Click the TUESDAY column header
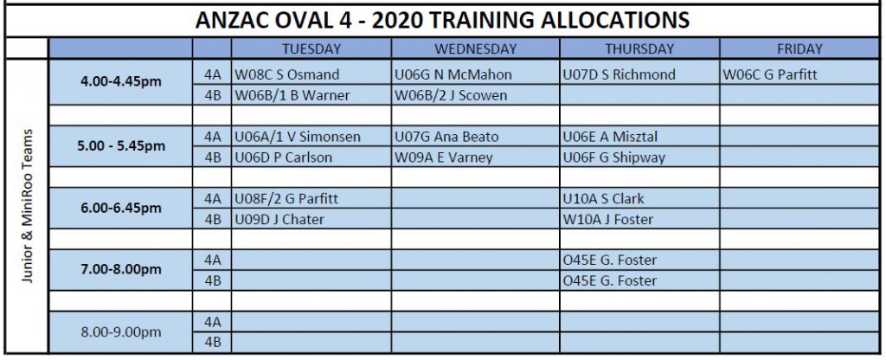pos(311,49)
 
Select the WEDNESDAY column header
pos(475,49)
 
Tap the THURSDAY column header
pos(639,49)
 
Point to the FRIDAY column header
pos(799,49)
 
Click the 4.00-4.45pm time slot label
pos(120,81)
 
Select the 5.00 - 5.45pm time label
pos(120,145)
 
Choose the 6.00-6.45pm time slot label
pos(120,208)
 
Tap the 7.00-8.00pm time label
pos(120,269)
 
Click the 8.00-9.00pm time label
pos(120,331)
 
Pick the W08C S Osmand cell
pos(287,74)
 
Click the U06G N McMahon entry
pos(453,74)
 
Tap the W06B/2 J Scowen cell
pos(450,95)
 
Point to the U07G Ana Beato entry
pos(446,137)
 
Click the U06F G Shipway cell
pos(613,157)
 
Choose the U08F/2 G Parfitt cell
pos(286,199)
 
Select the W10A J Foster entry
pos(608,219)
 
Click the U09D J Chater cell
pos(279,219)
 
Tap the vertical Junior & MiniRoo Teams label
pos(28,206)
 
